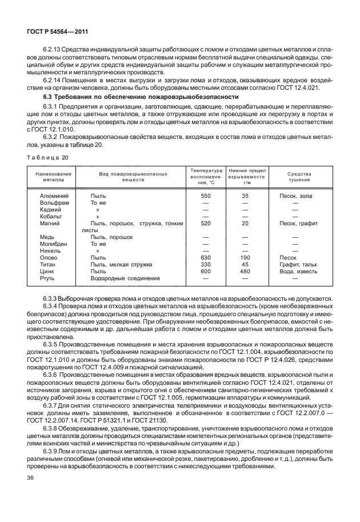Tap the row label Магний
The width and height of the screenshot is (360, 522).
(51, 224)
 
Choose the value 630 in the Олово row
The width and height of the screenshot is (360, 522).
(206, 258)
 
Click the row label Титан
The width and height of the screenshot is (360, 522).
(49, 265)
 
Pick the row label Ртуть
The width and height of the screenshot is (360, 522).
(48, 278)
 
